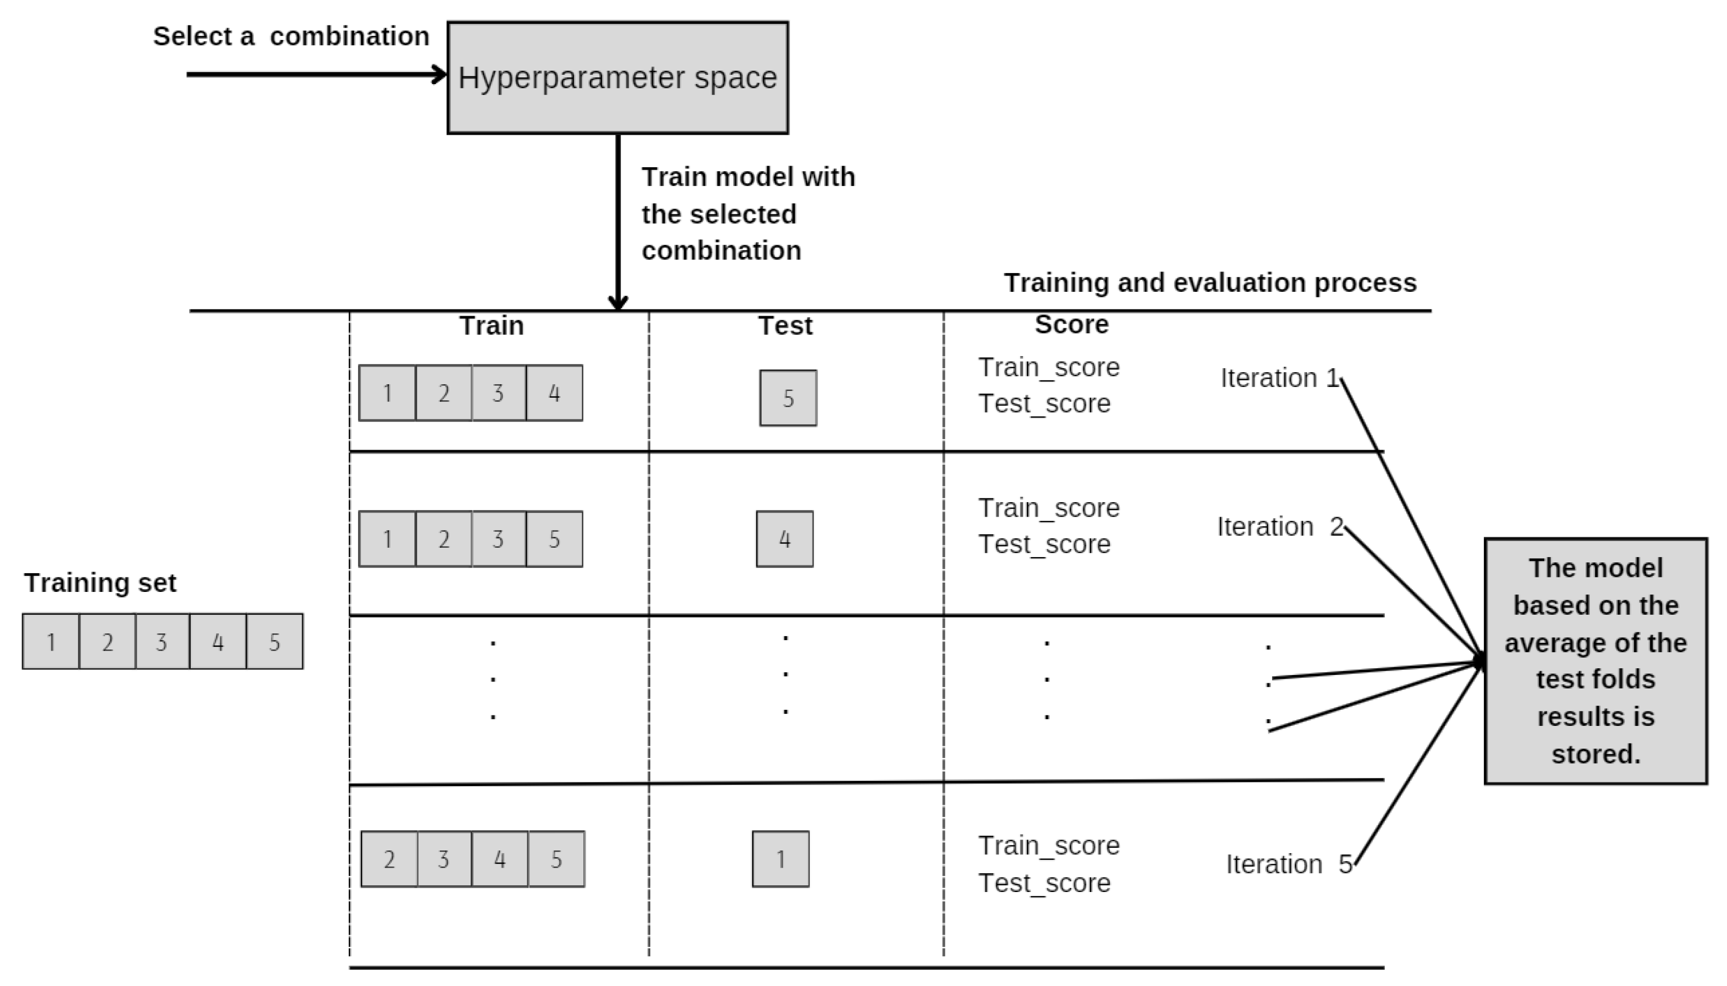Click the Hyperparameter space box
[x=617, y=77]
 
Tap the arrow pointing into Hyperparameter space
[x=315, y=74]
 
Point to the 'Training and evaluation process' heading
[x=1209, y=282]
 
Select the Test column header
[x=784, y=326]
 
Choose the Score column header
[x=1071, y=325]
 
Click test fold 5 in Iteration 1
[x=787, y=398]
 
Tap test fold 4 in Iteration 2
[x=784, y=539]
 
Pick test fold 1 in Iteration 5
[x=780, y=859]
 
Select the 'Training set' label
[x=100, y=583]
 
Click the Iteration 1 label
[x=1279, y=378]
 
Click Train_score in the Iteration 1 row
[x=1048, y=367]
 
